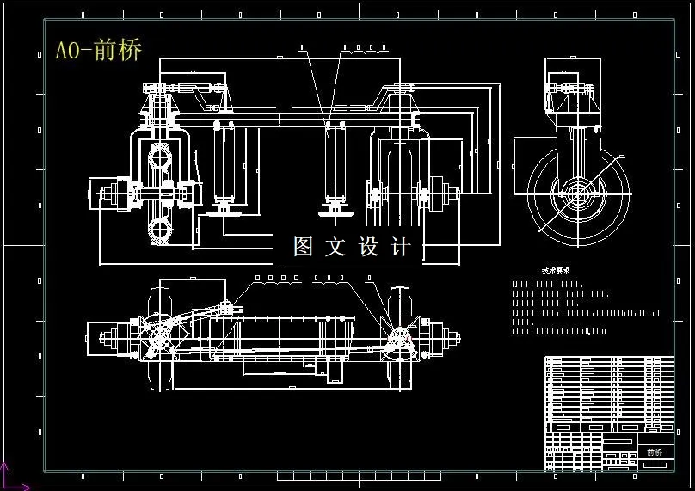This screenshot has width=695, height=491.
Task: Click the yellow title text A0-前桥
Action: [98, 50]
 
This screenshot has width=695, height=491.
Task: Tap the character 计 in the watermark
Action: [401, 247]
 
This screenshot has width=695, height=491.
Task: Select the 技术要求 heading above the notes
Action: [556, 270]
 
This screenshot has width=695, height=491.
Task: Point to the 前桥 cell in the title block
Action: [655, 451]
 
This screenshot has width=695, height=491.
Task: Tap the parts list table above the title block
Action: [609, 391]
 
